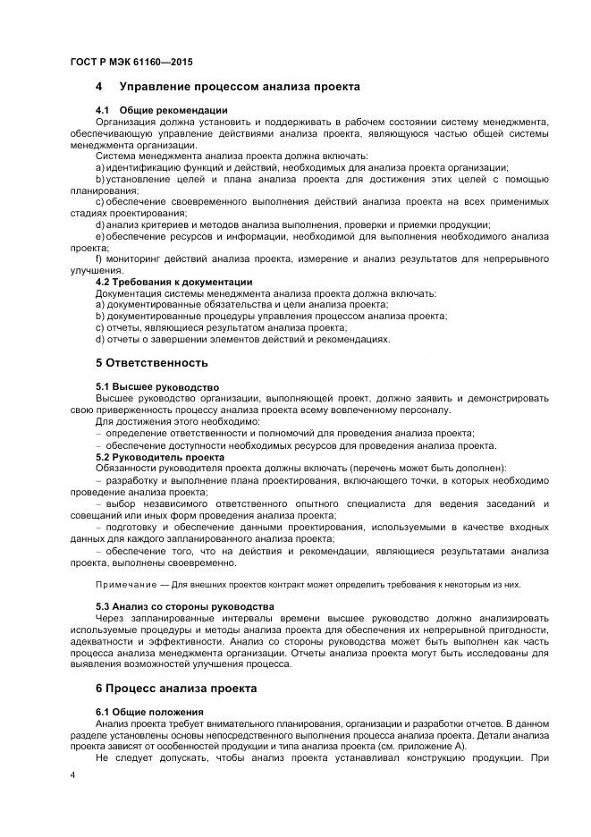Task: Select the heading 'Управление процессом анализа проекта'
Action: [x=232, y=87]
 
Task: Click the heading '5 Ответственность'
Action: [x=151, y=363]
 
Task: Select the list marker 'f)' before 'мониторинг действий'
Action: [x=99, y=259]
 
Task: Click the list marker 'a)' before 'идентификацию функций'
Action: [x=100, y=167]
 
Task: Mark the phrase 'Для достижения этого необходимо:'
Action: [x=177, y=421]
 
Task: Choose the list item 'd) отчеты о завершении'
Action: [x=242, y=340]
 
